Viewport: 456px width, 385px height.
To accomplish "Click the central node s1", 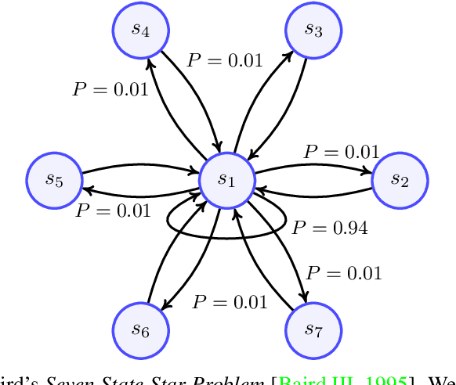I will point(227,179).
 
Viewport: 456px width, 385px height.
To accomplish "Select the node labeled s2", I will point(400,179).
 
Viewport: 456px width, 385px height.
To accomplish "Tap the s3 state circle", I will point(313,30).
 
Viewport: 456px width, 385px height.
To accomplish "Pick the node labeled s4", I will point(141,30).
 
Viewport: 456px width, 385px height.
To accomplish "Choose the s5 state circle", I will point(55,179).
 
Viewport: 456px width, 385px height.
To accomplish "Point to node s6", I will point(141,329).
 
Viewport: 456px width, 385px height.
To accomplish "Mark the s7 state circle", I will point(313,329).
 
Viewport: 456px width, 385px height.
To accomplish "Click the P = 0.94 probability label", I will point(329,228).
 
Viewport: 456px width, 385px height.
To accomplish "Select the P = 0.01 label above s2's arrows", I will point(341,152).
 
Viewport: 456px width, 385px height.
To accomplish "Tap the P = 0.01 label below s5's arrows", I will point(113,210).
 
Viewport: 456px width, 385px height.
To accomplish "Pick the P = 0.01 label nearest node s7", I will point(343,272).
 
